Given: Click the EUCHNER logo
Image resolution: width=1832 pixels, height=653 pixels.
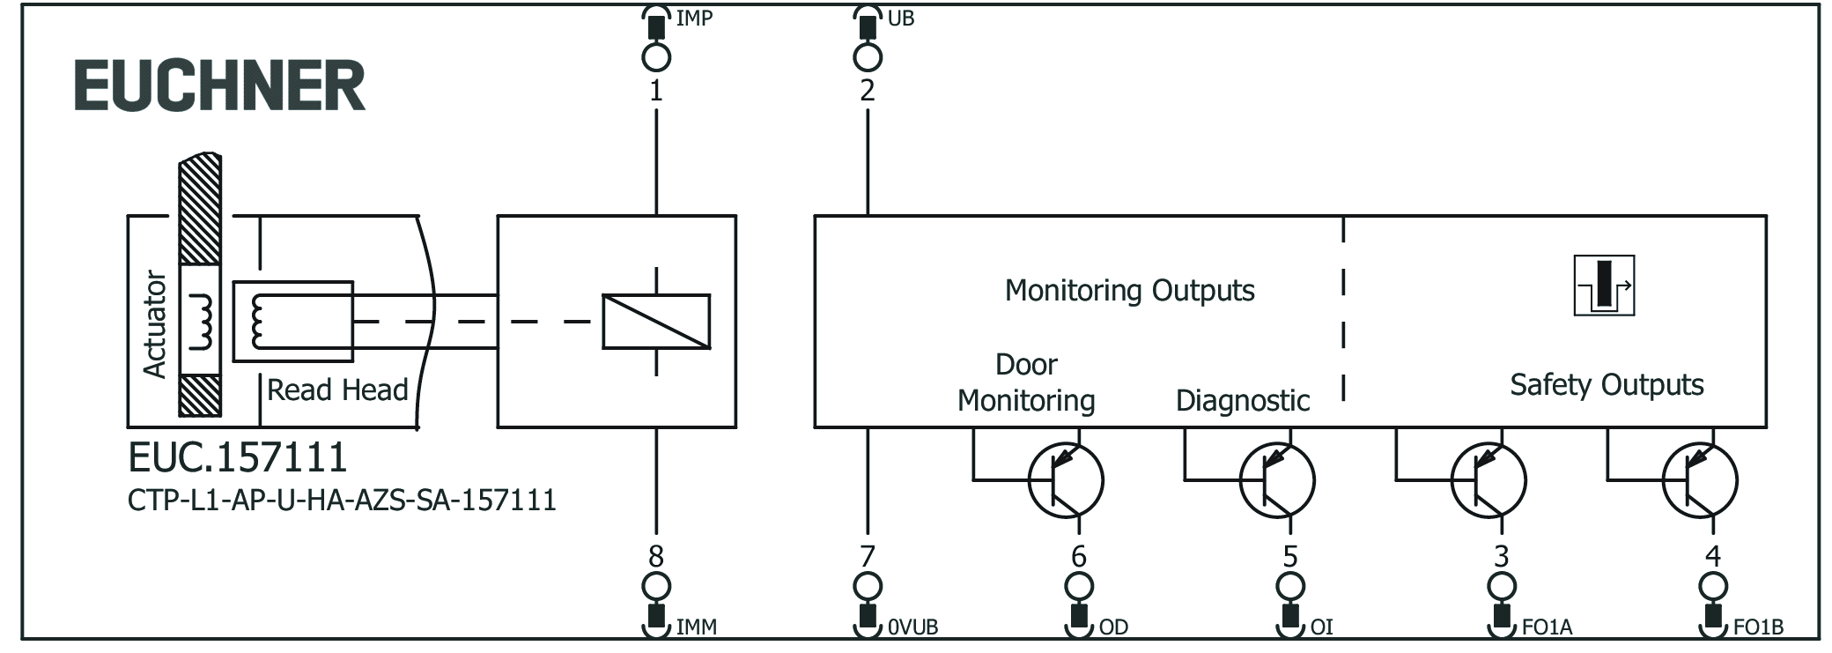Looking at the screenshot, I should point(219,85).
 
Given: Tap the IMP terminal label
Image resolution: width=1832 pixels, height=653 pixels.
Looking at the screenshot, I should point(694,18).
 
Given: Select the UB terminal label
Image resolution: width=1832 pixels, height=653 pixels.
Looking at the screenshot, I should point(900,18).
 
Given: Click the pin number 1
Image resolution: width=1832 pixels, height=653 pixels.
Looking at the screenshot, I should point(655,90).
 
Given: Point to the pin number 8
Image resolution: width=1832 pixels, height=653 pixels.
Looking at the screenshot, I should point(655,556).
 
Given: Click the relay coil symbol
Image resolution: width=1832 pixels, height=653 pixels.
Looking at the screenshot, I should point(656,322).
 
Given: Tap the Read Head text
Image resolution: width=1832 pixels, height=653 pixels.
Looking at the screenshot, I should point(337,390).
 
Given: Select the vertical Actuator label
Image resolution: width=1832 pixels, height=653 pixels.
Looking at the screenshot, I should point(155,324).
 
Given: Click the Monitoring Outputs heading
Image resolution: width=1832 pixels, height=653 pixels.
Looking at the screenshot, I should point(1129,290).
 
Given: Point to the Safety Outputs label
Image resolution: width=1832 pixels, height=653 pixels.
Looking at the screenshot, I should point(1607,384).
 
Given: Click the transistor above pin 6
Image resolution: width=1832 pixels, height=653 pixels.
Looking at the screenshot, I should point(1067,480).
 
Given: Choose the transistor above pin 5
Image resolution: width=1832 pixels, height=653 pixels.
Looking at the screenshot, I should point(1277,480).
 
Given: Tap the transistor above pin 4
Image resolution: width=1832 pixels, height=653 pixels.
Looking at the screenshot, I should point(1700,480).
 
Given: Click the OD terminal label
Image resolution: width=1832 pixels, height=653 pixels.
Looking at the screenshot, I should point(1113,627).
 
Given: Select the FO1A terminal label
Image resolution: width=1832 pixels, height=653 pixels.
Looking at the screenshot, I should point(1547,627).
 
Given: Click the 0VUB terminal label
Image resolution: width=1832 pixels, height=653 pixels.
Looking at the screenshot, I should point(912,627).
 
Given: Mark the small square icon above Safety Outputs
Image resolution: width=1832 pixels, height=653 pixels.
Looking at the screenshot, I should point(1604,286).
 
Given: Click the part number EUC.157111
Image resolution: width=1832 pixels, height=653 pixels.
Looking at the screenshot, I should point(238,457).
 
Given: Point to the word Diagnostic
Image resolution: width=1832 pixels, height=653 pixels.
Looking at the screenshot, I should point(1243,401).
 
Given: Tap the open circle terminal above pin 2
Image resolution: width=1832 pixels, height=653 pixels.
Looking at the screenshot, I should point(868,57).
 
